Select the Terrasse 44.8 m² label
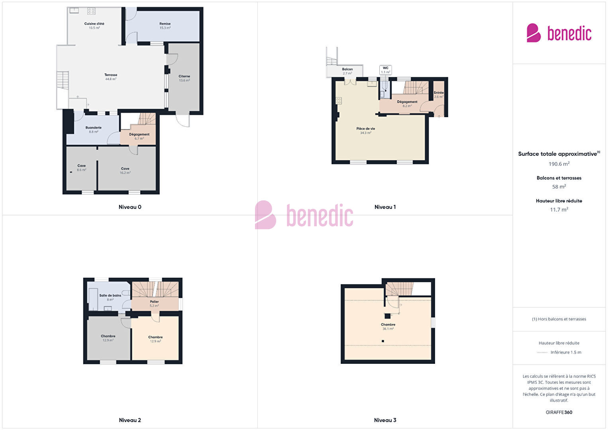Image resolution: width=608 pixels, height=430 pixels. coord(111,77)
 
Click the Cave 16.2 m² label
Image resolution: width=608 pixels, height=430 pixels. coord(125,171)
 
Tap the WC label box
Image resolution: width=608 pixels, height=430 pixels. coord(385,70)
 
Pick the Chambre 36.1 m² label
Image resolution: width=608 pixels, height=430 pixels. coord(388,326)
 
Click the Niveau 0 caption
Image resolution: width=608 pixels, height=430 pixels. coord(130,207)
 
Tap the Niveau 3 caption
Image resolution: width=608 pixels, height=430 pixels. coord(385,420)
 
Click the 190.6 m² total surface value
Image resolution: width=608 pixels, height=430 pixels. coord(559,164)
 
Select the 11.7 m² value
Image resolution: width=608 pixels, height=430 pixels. coord(559,210)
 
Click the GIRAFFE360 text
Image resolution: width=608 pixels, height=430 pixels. coord(559,412)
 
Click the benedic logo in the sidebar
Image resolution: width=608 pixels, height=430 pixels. coord(559,33)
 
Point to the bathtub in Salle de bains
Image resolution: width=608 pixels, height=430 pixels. coord(93,299)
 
